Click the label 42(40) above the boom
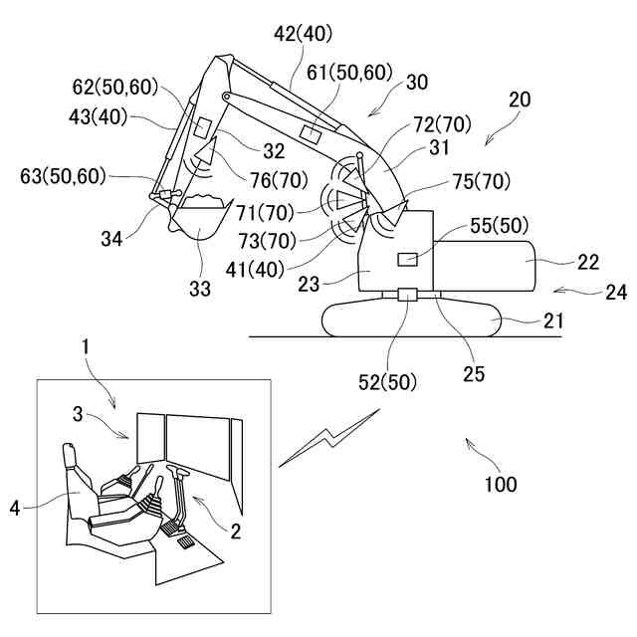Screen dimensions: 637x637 pyautogui.click(x=298, y=35)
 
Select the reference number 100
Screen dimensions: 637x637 pyautogui.click(x=501, y=485)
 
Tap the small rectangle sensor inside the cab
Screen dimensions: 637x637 pyautogui.click(x=406, y=259)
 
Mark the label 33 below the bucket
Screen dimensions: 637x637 pyautogui.click(x=201, y=290)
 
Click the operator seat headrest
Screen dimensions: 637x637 pyautogui.click(x=70, y=456)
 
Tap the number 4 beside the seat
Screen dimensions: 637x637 pyautogui.click(x=15, y=508)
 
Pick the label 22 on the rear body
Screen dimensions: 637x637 pyautogui.click(x=589, y=262)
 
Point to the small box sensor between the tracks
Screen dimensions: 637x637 pyautogui.click(x=408, y=295)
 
